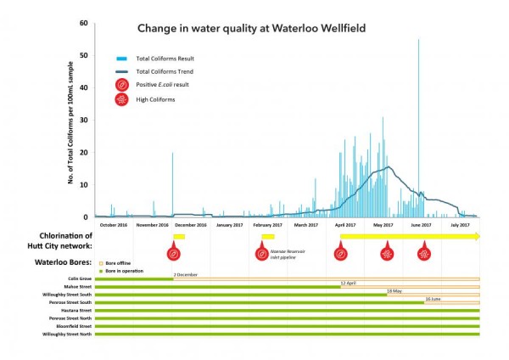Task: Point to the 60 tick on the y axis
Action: pyautogui.click(x=84, y=23)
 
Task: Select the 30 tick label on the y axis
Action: pyautogui.click(x=84, y=120)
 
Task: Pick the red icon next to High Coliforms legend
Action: pyautogui.click(x=124, y=99)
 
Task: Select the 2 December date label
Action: pyautogui.click(x=185, y=274)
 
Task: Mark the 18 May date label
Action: pyautogui.click(x=394, y=290)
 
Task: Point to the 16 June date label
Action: pyautogui.click(x=433, y=299)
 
